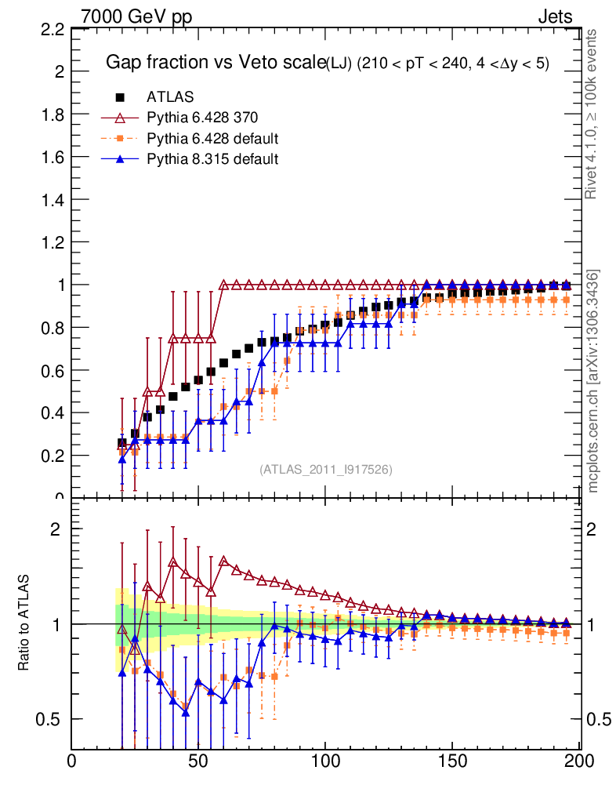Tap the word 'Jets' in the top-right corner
[x=554, y=16]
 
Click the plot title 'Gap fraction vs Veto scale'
[x=215, y=63]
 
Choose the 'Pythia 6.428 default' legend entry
[x=212, y=139]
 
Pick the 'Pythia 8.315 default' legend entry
[x=212, y=159]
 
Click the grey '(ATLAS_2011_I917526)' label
[x=326, y=469]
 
